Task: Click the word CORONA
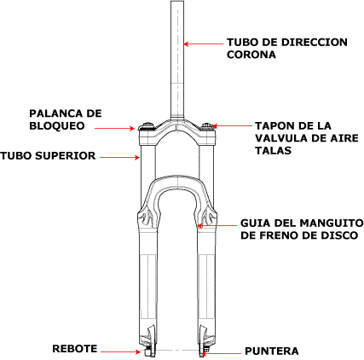251,55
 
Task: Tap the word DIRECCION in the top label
315,42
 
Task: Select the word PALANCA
54,113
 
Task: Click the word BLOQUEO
57,125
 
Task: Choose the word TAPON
274,125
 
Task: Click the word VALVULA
281,138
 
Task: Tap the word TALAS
273,150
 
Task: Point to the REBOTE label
75,349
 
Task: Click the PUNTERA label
272,351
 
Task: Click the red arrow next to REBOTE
121,352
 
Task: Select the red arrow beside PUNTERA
220,354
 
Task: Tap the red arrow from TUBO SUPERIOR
120,157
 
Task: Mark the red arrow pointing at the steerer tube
203,44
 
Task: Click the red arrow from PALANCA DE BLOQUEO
114,129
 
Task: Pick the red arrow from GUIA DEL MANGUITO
217,226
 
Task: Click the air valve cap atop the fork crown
207,126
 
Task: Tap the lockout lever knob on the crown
147,126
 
